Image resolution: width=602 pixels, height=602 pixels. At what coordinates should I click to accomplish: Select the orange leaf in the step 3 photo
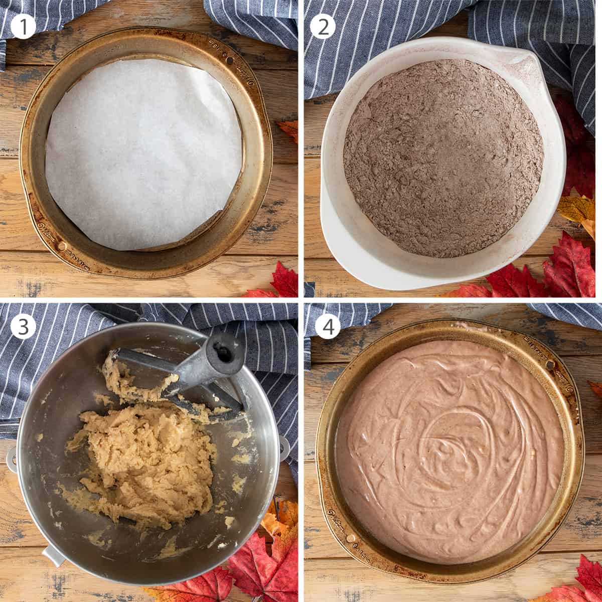[x=273, y=527]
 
